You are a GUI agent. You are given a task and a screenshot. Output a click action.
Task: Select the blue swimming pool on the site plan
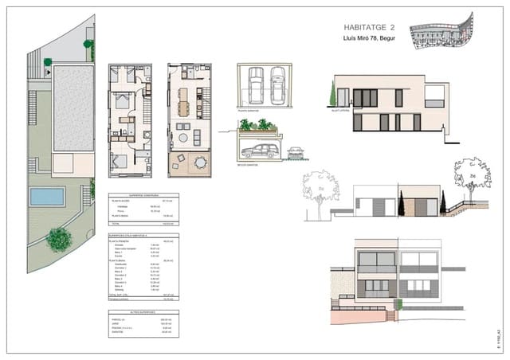click(x=48, y=196)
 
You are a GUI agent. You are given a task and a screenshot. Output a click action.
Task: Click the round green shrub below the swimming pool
click(x=58, y=237)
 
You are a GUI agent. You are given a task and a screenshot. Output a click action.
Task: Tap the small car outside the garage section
click(x=296, y=150)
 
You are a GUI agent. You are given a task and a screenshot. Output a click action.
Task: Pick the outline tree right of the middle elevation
click(x=461, y=172)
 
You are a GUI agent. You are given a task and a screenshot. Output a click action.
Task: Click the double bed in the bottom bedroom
click(x=119, y=162)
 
